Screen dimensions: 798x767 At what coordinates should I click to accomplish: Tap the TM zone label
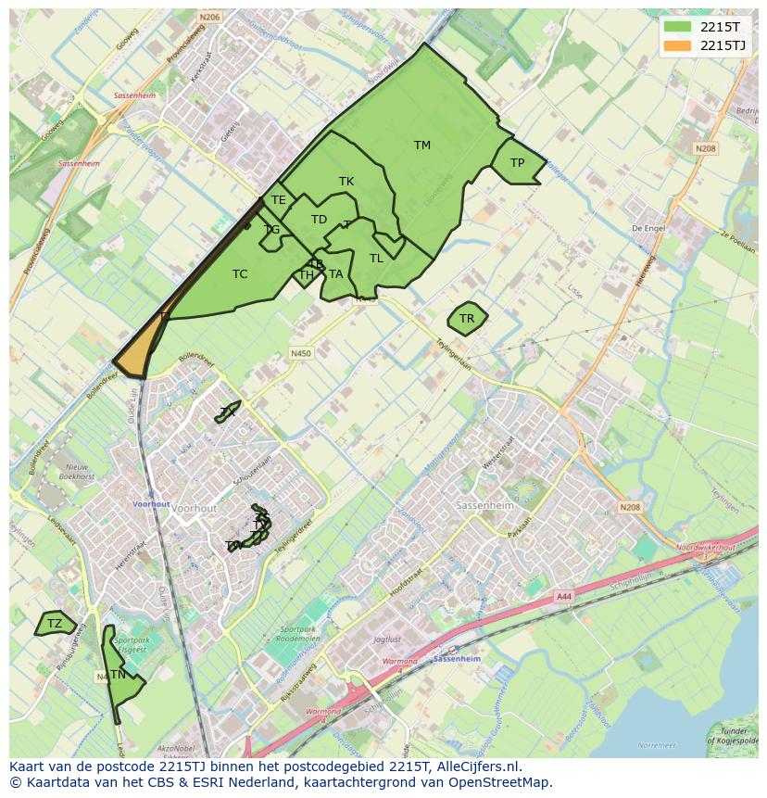422,145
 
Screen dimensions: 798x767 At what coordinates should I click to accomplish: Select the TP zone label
517,163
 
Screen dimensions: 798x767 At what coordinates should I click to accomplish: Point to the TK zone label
346,182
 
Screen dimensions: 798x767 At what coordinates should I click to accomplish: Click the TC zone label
240,273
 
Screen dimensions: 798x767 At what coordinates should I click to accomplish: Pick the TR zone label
467,319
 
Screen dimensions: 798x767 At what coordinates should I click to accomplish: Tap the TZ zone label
55,624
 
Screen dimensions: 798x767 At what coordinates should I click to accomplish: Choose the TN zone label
118,675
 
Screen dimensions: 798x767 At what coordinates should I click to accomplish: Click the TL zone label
376,259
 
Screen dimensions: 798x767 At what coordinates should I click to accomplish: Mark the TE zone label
278,199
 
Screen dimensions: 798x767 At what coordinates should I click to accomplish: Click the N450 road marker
300,353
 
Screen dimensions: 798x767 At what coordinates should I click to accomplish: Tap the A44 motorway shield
564,598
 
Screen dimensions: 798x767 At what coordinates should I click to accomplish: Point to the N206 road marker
210,17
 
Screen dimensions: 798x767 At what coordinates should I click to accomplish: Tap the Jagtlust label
386,640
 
